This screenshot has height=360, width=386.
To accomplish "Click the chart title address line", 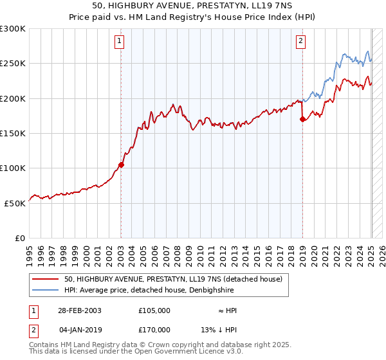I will click(x=192, y=6).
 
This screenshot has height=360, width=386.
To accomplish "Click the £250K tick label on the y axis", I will click(x=12, y=64).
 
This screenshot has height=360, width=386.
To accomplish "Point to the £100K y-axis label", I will click(x=12, y=168).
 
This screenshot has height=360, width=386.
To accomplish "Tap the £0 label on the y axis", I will click(x=19, y=238).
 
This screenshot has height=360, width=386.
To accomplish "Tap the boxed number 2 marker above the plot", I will click(x=301, y=42).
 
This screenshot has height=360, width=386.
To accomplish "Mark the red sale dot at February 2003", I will click(x=121, y=165).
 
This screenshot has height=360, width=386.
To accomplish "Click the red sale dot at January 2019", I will click(x=302, y=119).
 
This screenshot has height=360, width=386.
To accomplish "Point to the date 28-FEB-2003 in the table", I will click(x=80, y=310).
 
